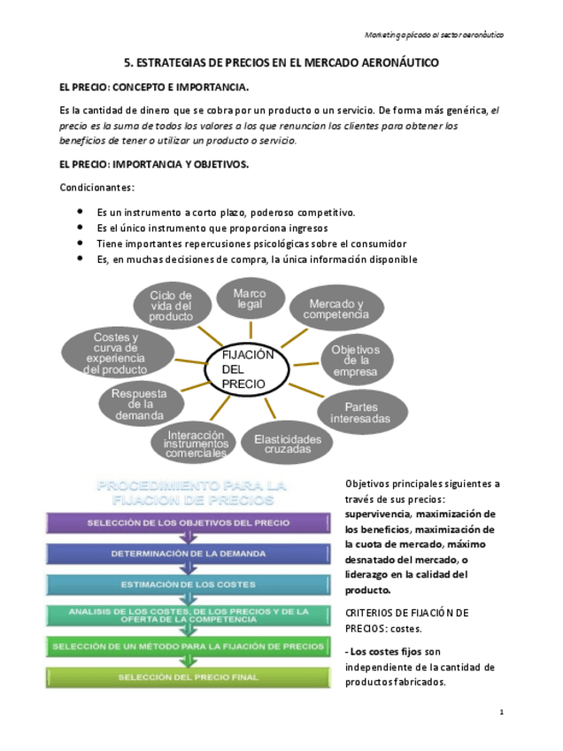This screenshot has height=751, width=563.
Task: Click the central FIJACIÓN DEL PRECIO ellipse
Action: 247,369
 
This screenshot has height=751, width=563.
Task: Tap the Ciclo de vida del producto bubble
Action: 171,306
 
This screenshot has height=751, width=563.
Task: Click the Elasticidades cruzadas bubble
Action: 288,444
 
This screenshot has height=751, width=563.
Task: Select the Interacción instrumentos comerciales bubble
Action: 197,444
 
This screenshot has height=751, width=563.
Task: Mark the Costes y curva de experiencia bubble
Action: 116,353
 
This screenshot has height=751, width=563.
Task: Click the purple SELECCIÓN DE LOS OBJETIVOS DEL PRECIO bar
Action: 188,523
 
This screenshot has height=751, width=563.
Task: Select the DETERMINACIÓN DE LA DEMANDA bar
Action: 188,554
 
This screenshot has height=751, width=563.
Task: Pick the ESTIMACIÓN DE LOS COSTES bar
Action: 188,585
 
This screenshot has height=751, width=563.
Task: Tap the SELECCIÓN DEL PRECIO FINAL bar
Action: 188,677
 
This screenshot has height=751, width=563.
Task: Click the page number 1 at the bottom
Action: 501,712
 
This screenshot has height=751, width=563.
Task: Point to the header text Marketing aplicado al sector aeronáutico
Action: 435,35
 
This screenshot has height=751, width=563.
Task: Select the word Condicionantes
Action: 96,188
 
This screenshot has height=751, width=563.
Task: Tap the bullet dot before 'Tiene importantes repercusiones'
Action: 80,243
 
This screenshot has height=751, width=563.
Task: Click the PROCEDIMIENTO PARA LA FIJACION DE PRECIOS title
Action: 191,492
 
